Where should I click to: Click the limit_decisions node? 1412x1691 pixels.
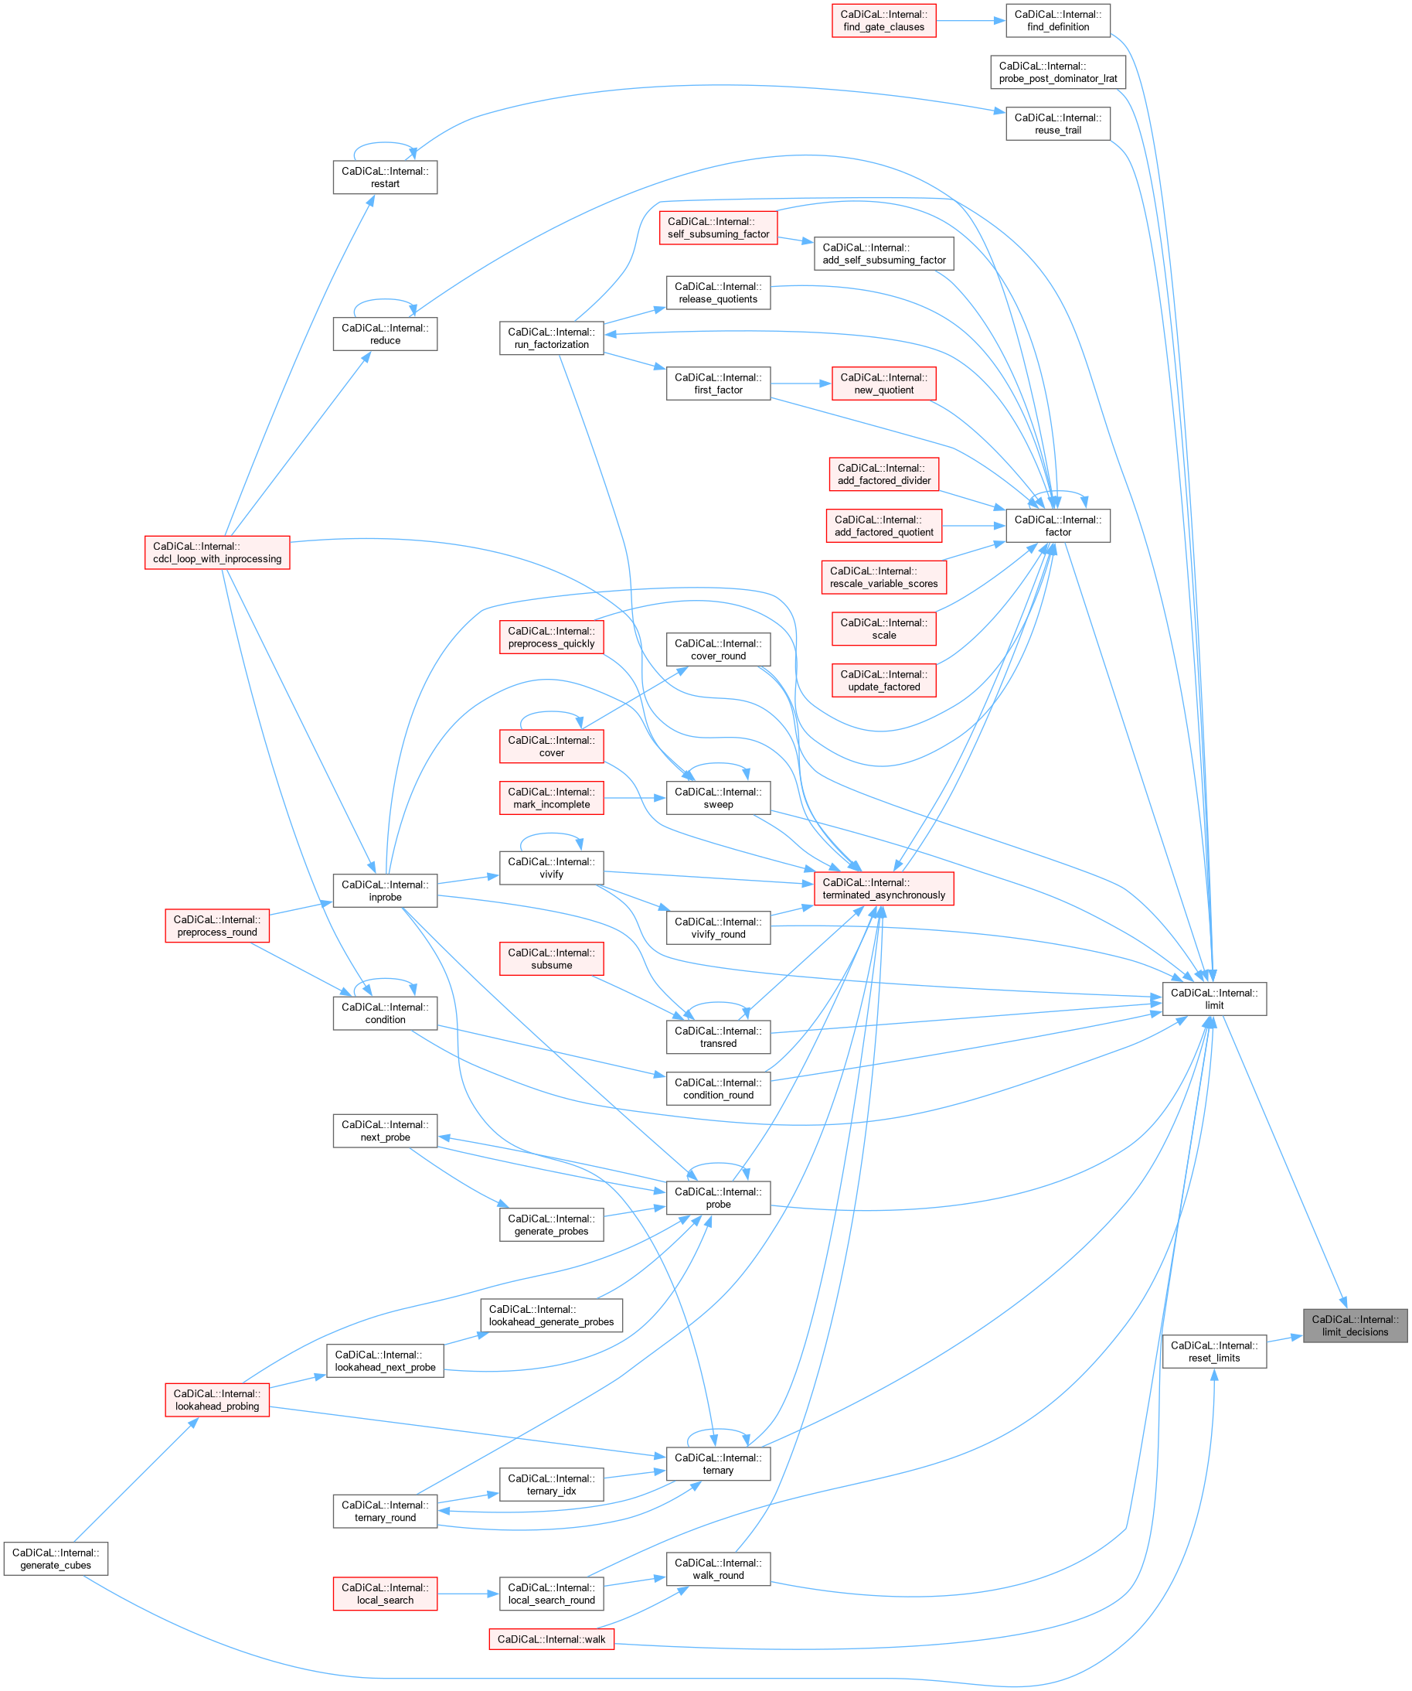click(x=1355, y=1325)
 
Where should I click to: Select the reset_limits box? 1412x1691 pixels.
click(x=1214, y=1352)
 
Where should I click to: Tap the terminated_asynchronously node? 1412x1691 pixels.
click(x=884, y=889)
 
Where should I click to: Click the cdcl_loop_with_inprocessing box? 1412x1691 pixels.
click(x=217, y=552)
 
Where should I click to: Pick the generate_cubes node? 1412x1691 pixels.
click(x=56, y=1559)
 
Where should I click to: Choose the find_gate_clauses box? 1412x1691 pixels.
click(x=884, y=21)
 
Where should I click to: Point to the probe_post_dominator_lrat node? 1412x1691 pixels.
click(x=1058, y=73)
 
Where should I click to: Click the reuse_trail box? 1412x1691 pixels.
click(x=1058, y=124)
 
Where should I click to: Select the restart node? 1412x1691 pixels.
click(x=385, y=177)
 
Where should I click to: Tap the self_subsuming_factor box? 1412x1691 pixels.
click(x=718, y=228)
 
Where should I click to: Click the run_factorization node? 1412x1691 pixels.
click(x=552, y=338)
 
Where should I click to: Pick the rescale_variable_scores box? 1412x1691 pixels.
click(x=884, y=578)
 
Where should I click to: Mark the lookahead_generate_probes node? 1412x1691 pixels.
click(x=552, y=1316)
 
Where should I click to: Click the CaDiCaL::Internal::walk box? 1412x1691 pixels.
click(x=552, y=1638)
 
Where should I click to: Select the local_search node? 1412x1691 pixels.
click(x=385, y=1594)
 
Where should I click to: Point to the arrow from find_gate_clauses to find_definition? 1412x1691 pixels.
click(x=970, y=21)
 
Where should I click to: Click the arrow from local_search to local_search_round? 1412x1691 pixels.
click(x=468, y=1594)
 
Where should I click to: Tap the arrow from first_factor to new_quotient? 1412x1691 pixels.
click(x=800, y=384)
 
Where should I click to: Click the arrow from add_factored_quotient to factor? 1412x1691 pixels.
click(x=973, y=526)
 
